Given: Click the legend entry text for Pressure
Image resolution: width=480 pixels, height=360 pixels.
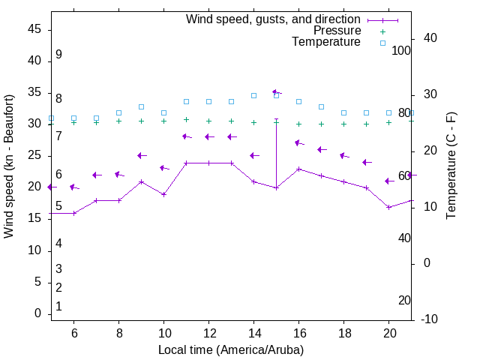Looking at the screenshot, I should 337,31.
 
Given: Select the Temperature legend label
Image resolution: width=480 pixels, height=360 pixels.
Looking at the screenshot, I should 326,42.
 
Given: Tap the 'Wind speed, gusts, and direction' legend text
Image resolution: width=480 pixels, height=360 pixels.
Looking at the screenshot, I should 274,19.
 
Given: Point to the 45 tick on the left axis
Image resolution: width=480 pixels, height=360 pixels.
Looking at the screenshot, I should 34,28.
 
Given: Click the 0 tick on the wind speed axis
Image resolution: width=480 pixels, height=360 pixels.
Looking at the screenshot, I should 38,313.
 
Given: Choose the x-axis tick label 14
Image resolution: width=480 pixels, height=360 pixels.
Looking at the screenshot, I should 253,333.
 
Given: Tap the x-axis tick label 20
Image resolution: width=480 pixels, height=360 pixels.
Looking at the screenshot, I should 388,333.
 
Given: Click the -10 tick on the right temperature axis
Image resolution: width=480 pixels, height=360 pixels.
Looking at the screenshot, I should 432,319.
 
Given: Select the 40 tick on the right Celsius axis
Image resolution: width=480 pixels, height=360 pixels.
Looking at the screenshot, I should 430,38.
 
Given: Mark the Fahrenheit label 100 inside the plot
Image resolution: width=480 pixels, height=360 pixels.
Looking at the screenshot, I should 401,50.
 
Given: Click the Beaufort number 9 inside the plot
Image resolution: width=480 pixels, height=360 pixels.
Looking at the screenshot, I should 58,55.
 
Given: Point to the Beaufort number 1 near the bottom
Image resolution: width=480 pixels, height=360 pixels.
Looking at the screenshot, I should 58,307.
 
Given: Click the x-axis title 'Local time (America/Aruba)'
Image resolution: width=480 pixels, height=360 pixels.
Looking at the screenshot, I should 231,349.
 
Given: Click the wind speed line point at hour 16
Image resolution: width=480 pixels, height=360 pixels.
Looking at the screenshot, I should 298,169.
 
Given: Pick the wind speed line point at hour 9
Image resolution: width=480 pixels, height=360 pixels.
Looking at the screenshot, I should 141,181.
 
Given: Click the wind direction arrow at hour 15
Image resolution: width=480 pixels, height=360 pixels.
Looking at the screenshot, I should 276,92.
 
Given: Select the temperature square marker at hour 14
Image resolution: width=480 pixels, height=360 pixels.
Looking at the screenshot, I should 253,95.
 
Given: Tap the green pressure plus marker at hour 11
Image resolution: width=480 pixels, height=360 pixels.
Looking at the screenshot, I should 186,119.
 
